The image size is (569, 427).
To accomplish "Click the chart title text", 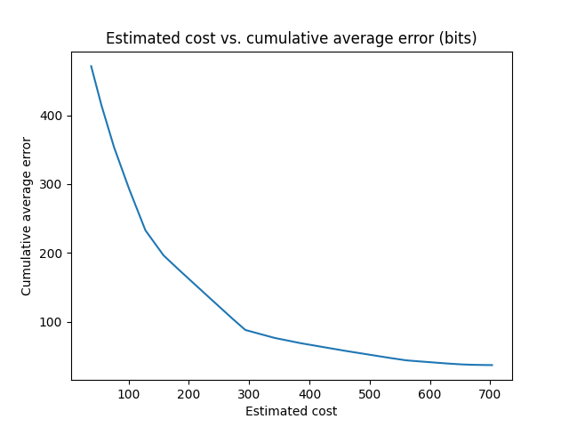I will point(291,38).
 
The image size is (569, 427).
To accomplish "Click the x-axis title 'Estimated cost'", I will point(291,411).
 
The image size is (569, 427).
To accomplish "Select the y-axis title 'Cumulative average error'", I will point(27,216).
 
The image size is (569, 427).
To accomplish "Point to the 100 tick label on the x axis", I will point(129,392).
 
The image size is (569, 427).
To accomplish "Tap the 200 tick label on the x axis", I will point(189,392).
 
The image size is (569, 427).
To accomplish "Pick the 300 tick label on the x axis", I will point(249,392).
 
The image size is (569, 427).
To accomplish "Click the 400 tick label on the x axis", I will point(309,392).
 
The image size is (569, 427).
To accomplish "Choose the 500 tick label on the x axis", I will point(370,392).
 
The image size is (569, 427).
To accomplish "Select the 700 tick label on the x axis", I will point(490,392).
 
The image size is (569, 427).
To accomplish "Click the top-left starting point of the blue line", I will point(91,66).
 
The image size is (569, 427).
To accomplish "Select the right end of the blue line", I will point(492,365).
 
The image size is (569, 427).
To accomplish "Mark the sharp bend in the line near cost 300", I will point(245,330).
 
